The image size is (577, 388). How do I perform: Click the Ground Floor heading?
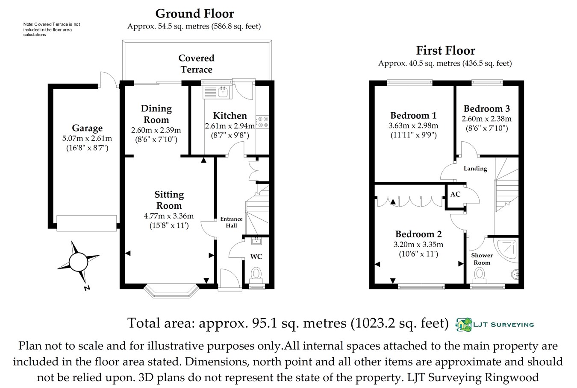click(x=194, y=14)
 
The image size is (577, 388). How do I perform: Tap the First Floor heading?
click(x=446, y=51)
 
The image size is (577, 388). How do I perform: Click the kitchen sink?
click(x=218, y=92)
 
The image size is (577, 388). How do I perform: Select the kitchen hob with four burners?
click(x=262, y=122)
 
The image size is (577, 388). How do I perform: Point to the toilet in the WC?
click(x=256, y=275)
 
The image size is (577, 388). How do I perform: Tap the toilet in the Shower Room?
click(x=480, y=276)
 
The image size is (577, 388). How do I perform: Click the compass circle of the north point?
click(x=78, y=262)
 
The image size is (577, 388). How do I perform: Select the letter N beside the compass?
click(x=87, y=288)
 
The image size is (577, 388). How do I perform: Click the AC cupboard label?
click(x=455, y=194)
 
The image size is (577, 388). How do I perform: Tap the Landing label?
click(x=475, y=169)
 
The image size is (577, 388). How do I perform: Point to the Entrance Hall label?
click(x=231, y=222)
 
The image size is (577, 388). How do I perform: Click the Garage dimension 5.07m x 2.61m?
click(x=87, y=138)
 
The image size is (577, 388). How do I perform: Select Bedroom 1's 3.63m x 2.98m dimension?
click(x=413, y=125)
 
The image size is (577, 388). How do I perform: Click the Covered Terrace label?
click(x=196, y=64)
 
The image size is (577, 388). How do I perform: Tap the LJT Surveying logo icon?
click(x=464, y=325)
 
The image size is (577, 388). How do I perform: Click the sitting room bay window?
click(x=171, y=291)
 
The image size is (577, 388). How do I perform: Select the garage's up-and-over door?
click(x=86, y=223)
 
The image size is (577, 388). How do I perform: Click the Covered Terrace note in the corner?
click(x=52, y=29)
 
